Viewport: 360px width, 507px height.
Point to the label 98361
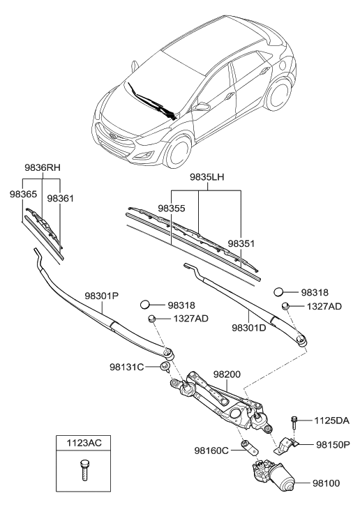(x=61, y=199)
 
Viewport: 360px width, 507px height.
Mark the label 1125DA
(x=333, y=421)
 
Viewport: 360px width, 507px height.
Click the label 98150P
(x=333, y=444)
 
